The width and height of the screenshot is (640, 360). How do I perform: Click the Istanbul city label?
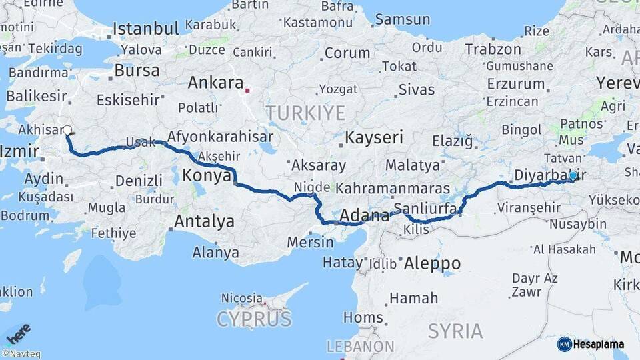(146, 29)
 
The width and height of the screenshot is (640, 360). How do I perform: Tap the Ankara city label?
(215, 83)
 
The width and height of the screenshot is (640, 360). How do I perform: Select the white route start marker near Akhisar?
(67, 131)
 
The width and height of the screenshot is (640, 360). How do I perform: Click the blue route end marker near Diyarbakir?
(573, 175)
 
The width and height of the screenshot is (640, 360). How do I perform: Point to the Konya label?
(206, 175)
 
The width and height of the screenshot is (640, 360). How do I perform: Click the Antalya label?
(204, 221)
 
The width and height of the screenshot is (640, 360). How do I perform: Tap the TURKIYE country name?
(305, 113)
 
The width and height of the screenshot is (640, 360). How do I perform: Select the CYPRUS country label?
(254, 319)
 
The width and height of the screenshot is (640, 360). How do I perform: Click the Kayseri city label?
(374, 138)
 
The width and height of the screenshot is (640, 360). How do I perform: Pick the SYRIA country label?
(455, 331)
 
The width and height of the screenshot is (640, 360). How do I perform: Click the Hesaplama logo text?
(599, 345)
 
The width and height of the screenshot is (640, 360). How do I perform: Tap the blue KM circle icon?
(565, 345)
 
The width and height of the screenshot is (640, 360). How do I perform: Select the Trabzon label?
(493, 49)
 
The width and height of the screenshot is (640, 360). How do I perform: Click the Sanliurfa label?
(426, 208)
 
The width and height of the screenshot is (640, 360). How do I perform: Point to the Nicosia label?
(242, 297)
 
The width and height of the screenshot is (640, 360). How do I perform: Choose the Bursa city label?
(137, 70)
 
